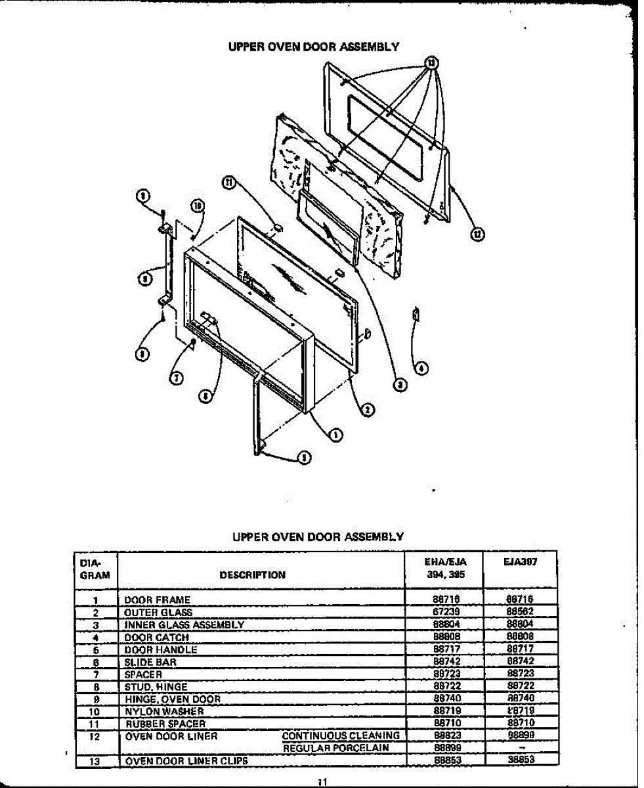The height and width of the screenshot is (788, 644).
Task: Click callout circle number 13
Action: point(431,63)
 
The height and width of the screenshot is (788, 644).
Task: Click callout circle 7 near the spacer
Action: point(177,378)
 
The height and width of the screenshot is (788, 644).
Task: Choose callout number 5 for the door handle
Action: point(303,458)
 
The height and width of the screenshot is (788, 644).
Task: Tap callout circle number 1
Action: point(335,434)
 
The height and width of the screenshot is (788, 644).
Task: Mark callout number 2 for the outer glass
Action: point(368,409)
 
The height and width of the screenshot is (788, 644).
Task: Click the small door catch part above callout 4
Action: point(415,314)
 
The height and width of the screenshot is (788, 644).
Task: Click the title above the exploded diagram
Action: point(313,47)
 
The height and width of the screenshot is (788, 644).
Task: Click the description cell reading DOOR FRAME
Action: point(157,600)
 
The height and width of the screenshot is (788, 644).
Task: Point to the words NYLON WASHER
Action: point(164,711)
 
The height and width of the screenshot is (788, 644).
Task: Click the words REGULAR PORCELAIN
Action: point(336,748)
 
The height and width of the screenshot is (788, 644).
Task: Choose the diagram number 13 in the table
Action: point(96,760)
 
